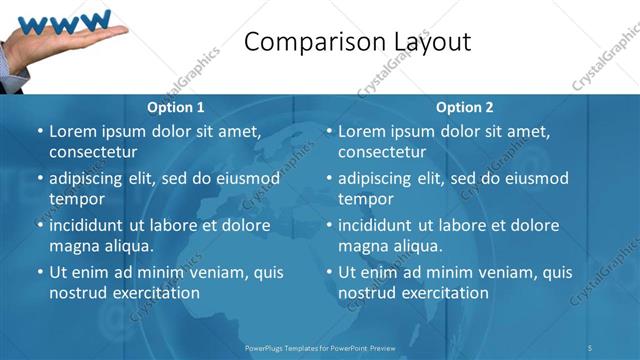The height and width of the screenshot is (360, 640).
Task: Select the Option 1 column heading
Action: pyautogui.click(x=176, y=107)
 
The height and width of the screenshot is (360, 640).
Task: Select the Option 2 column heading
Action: pyautogui.click(x=465, y=107)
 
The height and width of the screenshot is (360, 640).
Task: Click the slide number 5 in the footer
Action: pyautogui.click(x=590, y=347)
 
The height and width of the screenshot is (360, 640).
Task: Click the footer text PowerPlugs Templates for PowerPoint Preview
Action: pyautogui.click(x=320, y=347)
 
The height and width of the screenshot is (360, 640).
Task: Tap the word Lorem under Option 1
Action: pyautogui.click(x=73, y=131)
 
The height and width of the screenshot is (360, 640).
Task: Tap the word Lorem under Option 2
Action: pyautogui.click(x=362, y=131)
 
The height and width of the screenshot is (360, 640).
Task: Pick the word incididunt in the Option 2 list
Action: pyautogui.click(x=381, y=224)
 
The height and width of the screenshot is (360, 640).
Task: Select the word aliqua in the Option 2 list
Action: pyautogui.click(x=416, y=245)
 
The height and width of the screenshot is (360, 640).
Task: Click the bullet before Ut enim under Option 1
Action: pyautogui.click(x=40, y=272)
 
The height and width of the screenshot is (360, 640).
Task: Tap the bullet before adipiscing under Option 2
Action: pyautogui.click(x=329, y=179)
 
